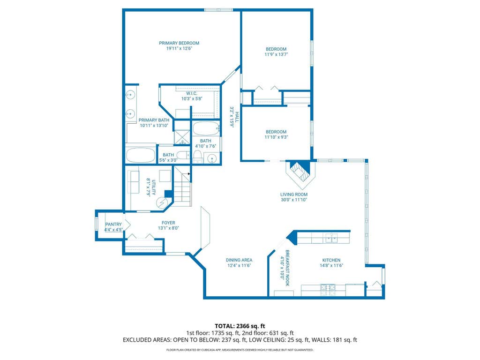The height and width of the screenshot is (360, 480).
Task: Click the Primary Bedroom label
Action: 179,43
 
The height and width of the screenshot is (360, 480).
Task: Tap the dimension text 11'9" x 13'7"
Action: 276,54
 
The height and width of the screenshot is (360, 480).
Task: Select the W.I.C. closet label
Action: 192,93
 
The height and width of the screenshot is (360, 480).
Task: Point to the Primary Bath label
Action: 154,120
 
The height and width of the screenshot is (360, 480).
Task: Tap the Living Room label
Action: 294,195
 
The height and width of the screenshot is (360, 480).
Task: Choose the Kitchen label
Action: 331,260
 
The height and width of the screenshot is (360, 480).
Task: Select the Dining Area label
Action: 239,260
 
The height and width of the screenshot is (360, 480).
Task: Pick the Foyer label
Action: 168,223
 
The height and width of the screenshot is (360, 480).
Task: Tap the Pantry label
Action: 113,225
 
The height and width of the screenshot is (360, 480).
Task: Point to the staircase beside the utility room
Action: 183,186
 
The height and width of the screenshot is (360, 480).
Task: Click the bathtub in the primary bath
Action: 141,156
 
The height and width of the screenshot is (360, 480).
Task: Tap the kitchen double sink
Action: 331,238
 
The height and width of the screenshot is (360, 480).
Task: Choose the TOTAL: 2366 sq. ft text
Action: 240,326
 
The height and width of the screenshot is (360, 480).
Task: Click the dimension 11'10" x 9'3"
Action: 276,137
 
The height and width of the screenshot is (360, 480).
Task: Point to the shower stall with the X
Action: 182,137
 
